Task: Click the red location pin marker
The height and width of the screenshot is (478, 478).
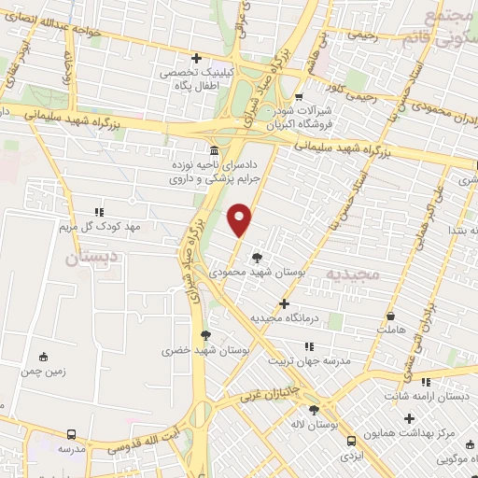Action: (x=241, y=219)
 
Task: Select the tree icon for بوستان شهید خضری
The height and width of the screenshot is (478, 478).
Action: (x=205, y=335)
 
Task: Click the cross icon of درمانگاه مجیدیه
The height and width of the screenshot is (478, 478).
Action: (x=285, y=303)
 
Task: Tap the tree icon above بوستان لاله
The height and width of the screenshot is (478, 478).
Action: (x=314, y=410)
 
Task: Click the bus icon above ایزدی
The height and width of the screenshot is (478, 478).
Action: (x=351, y=441)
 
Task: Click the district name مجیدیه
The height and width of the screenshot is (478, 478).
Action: (x=350, y=272)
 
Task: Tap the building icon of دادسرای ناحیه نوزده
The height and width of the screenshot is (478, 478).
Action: (x=216, y=150)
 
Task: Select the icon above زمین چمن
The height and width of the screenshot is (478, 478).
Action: (x=43, y=356)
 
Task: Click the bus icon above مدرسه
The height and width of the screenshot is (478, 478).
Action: (x=72, y=434)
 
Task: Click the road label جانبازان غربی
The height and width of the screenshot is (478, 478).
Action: (x=270, y=391)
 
